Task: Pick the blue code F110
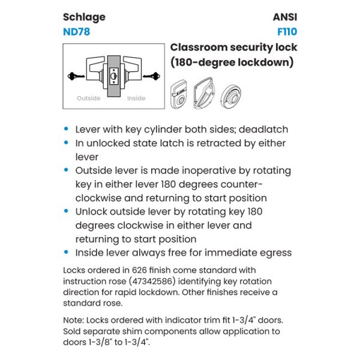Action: click(287, 32)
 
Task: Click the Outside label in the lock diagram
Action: click(88, 98)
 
